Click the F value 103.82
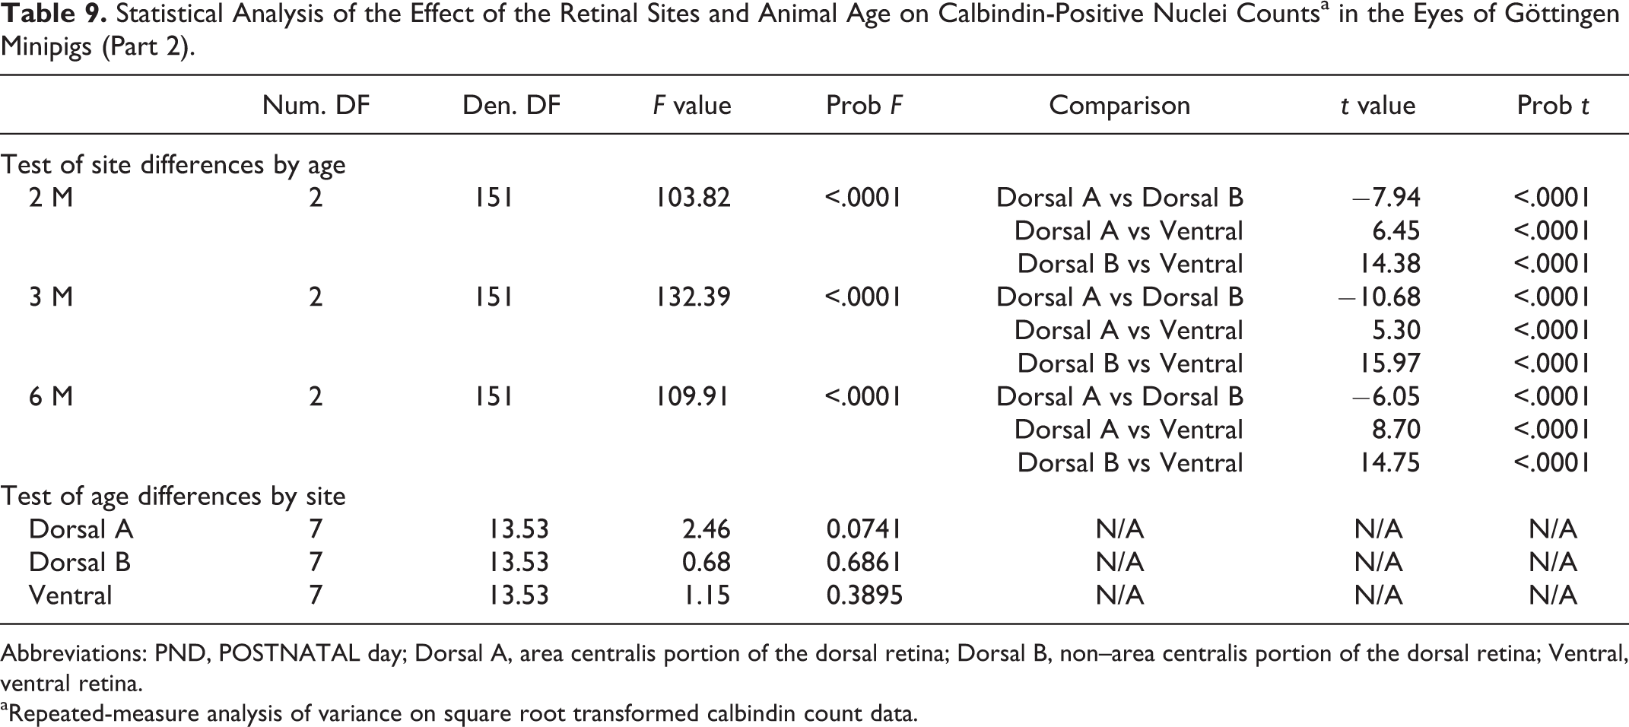click(693, 198)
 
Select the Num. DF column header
click(316, 105)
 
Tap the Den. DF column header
click(511, 105)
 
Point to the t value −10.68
click(1380, 297)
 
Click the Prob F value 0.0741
click(864, 529)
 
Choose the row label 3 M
click(51, 297)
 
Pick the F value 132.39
click(693, 297)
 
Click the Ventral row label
click(70, 595)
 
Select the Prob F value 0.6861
click(864, 563)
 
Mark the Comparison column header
click(1119, 105)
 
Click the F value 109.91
click(693, 397)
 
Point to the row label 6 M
click(51, 397)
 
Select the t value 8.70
click(1396, 430)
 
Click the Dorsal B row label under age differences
click(80, 563)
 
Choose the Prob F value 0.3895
click(864, 595)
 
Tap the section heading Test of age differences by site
click(173, 497)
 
